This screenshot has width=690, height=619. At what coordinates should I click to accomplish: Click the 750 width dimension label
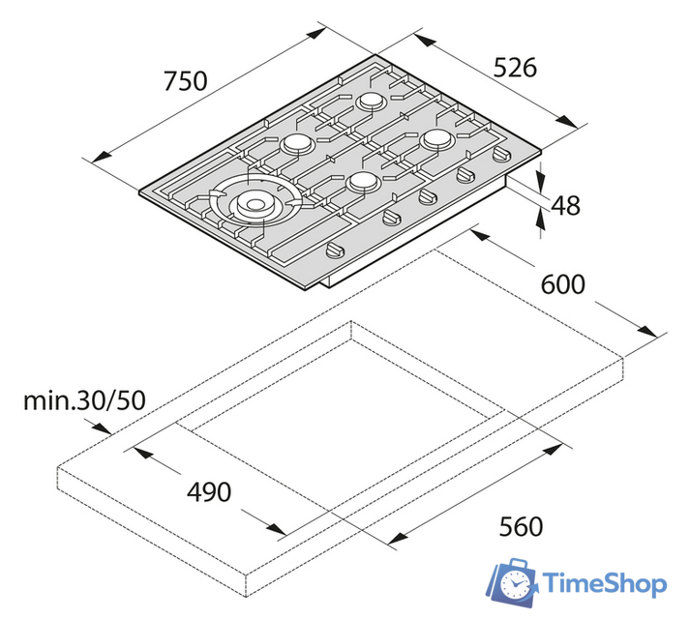click(185, 81)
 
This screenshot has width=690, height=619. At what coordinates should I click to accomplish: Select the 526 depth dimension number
click(514, 67)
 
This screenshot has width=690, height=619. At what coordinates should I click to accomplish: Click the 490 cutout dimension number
click(208, 491)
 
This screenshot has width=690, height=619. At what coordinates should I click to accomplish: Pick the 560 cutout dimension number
click(521, 526)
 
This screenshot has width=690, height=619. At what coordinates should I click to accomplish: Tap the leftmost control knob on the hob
click(332, 251)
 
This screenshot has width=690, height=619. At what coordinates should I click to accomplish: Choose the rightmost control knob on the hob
click(501, 155)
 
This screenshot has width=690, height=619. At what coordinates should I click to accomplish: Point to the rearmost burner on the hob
click(371, 101)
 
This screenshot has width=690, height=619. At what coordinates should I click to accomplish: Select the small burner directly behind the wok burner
click(296, 143)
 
